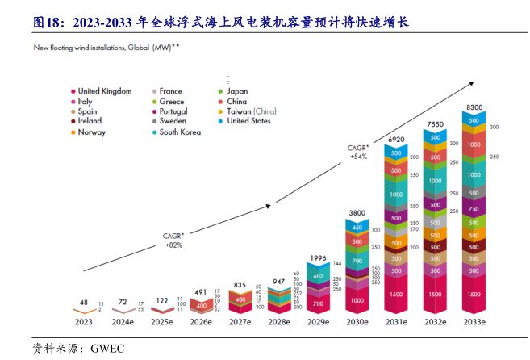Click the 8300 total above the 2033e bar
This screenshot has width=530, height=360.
tap(474, 107)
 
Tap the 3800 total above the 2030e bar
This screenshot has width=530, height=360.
tap(357, 213)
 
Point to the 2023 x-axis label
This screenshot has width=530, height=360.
tap(84, 321)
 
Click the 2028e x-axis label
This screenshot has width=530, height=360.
tap(279, 321)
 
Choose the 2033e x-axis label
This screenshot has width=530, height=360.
tap(474, 321)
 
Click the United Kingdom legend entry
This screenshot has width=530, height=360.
tap(104, 91)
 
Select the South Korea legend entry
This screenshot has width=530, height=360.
tap(179, 132)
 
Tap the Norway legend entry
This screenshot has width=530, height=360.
tap(91, 132)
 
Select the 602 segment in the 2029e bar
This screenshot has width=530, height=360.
tap(319, 276)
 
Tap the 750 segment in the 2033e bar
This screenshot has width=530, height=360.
tap(474, 210)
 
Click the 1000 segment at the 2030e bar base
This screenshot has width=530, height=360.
tap(357, 299)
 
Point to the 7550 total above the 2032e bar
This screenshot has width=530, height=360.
tap(435, 124)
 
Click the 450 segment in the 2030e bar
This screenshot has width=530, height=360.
tap(357, 228)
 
